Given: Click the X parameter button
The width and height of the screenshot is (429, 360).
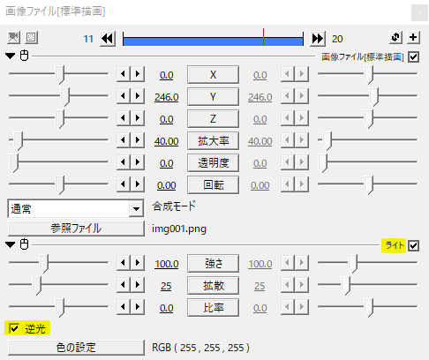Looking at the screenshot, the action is pos(213,75).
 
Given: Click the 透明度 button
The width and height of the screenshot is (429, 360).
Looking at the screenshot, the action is pos(213,162).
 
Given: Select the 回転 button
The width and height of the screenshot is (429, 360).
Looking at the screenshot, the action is pos(213,184).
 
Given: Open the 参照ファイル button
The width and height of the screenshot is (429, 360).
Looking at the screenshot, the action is pos(76,229).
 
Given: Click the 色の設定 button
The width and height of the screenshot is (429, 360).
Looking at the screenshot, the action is pos(76,348).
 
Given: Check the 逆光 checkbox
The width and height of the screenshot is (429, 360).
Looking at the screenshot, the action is pos(14,328).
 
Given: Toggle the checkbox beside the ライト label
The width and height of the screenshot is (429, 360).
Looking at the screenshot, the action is pos(413,245).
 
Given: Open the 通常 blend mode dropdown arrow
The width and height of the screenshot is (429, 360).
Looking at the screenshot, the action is pos(136,209).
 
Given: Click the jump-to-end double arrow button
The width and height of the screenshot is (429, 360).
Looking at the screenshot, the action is pos(318,39).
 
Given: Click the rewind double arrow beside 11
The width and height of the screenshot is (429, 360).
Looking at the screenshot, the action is pos(108,39).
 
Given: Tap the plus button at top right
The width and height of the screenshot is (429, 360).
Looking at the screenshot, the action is pos(413,37).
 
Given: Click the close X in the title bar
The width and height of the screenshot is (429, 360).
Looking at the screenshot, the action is pos(419,13).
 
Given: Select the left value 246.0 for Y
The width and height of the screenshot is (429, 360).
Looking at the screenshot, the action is pos(167,97).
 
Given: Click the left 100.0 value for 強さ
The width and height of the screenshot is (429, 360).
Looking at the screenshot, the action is pos(167,264).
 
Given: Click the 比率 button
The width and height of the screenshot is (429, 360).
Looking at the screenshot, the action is pos(213,307).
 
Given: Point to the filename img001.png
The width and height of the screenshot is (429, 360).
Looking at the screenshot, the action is pos(179,229).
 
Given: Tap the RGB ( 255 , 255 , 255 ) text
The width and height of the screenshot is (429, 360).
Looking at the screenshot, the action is pos(200,348).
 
